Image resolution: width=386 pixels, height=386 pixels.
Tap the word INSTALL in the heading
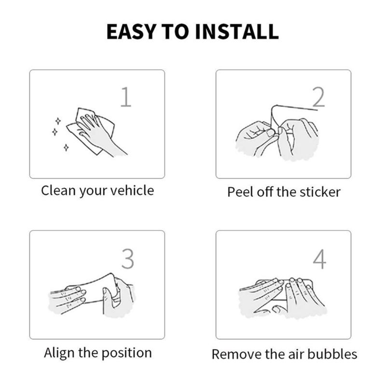[237, 31]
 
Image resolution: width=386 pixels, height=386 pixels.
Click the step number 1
[126, 96]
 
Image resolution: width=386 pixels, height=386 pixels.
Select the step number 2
[318, 97]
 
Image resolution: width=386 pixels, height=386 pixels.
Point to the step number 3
[128, 259]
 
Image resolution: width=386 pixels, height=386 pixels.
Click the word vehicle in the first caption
[132, 190]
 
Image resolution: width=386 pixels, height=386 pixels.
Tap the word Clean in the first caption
[58, 190]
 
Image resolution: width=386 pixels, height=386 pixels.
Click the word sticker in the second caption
[320, 192]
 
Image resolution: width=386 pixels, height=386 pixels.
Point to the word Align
[59, 353]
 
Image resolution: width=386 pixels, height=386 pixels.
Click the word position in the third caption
[126, 353]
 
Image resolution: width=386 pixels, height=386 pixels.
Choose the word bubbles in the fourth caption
[332, 354]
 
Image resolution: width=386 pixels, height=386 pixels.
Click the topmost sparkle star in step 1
[58, 121]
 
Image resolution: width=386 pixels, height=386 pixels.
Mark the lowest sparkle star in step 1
[66, 148]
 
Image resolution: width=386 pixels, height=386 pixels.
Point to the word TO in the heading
[175, 31]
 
